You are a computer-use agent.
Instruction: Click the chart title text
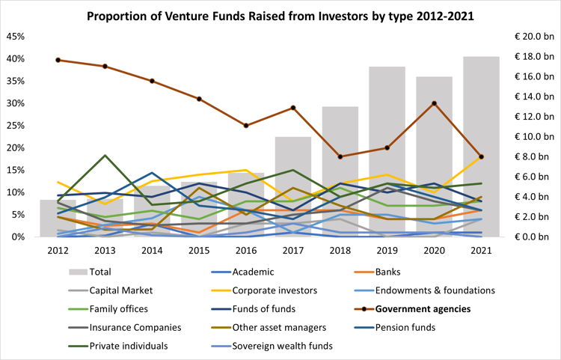tap(281, 16)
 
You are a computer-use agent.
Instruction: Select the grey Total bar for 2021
tap(481, 147)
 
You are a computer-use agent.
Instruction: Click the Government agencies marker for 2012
tap(58, 60)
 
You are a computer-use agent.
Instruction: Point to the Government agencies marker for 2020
tap(434, 103)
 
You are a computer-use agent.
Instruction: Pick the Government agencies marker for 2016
tap(246, 126)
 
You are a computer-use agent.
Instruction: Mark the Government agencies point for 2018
tap(340, 156)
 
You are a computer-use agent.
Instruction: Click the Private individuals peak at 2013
tap(105, 156)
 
